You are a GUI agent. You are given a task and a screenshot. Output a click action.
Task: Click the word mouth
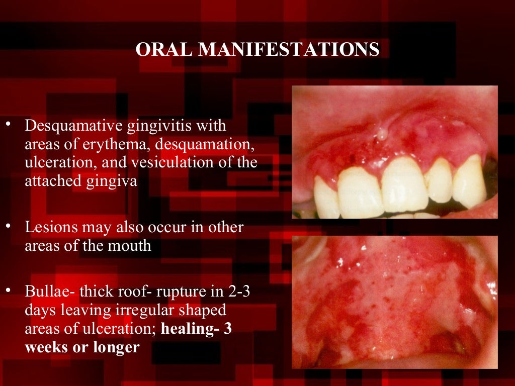132,246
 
